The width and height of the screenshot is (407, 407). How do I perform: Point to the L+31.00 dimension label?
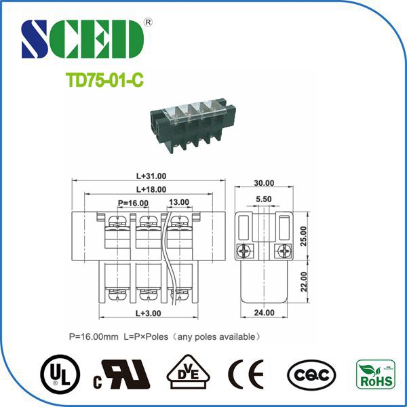[x=151, y=176]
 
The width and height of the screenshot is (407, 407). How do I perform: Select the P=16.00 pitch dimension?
[x=133, y=203]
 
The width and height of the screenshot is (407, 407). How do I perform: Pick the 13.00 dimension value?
[x=179, y=203]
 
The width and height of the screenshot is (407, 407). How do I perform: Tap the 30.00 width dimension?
[x=264, y=183]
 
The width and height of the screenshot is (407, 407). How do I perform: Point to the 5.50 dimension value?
[x=264, y=199]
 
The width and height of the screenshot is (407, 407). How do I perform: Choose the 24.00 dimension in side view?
[x=264, y=313]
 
